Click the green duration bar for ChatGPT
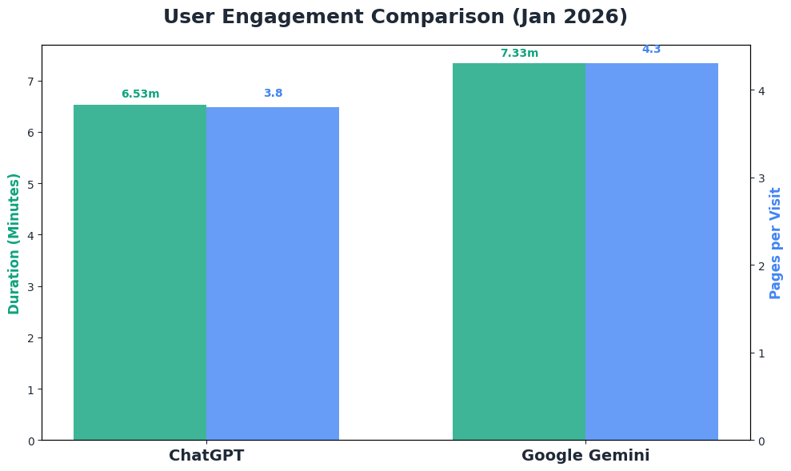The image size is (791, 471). coord(140,272)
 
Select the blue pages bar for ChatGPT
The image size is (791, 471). coord(273,273)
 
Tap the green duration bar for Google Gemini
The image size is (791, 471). coord(519,251)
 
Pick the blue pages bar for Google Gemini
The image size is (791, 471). coord(652,251)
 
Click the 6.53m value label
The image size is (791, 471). coord(141,94)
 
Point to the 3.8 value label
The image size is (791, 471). coord(273,93)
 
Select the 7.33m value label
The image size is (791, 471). coord(519,54)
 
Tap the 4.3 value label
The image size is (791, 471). coord(652,50)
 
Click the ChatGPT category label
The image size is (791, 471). coord(206,456)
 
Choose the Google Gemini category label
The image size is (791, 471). coord(585,456)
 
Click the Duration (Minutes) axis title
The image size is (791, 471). coord(14,243)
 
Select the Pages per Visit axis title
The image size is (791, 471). coord(774,243)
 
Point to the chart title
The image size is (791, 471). coord(395,17)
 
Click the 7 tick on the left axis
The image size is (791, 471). coord(31,82)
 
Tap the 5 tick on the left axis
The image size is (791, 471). coord(31,184)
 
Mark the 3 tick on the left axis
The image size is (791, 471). coord(31,287)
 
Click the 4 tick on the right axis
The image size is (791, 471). coord(761,90)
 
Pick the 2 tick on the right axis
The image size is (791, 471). coord(761,265)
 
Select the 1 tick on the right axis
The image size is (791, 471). coord(761,353)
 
